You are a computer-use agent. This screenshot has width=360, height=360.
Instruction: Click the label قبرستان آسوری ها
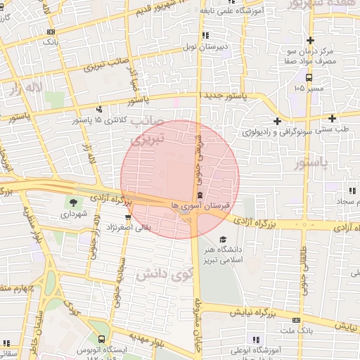point(201,206)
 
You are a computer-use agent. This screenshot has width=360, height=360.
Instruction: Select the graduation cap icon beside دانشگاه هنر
point(223,239)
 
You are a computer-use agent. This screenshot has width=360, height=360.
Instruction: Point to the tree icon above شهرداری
point(73,202)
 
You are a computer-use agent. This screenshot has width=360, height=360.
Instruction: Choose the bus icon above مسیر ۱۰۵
point(309,77)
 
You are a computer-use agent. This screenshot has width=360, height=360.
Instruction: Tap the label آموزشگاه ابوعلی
point(257,349)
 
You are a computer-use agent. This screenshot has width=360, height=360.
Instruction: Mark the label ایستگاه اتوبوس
point(119,349)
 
